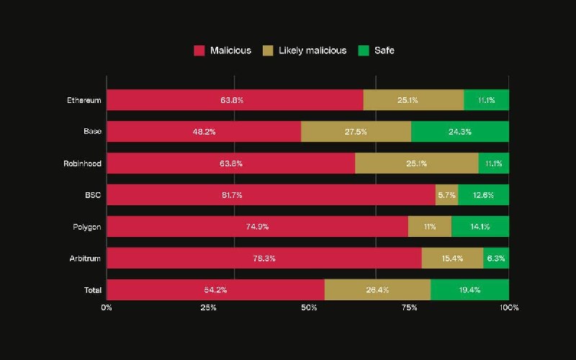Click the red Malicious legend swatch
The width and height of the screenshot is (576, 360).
(x=199, y=50)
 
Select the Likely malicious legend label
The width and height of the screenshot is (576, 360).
(x=312, y=50)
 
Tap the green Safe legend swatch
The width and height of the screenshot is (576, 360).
(x=364, y=50)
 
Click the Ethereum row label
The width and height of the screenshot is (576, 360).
(x=84, y=100)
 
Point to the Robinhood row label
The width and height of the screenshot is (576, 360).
(x=82, y=163)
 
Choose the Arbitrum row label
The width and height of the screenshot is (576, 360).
(x=85, y=258)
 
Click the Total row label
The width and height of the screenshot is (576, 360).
(x=93, y=290)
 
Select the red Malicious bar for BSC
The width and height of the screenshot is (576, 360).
(x=271, y=194)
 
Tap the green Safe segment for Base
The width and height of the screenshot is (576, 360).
(x=460, y=132)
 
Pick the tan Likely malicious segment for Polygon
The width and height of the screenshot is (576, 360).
(x=430, y=226)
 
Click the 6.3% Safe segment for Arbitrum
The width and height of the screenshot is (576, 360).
(x=496, y=258)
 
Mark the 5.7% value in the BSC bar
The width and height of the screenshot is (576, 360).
(x=446, y=195)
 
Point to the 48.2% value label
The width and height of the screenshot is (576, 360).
(x=204, y=132)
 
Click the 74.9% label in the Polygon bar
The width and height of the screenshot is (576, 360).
(x=257, y=227)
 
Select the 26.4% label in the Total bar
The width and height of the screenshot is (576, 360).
(x=377, y=290)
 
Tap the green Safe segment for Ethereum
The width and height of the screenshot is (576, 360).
(x=487, y=100)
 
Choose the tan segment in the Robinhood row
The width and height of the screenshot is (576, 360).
(x=417, y=163)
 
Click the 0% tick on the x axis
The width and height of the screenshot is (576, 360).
(x=107, y=307)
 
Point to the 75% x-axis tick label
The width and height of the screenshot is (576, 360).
(x=409, y=307)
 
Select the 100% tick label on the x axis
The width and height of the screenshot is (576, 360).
(x=509, y=307)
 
